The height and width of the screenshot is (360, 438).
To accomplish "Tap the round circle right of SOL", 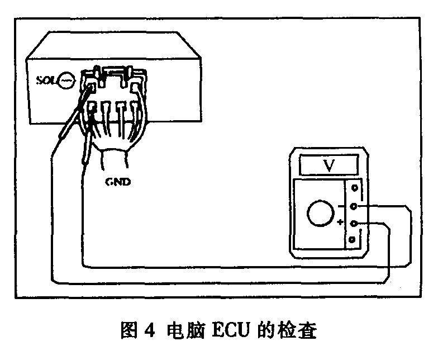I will coord(66,79).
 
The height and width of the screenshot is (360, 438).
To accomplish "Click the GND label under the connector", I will coord(118,181).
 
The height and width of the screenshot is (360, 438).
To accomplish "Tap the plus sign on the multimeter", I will coord(340,222).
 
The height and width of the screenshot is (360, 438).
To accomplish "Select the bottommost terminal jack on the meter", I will coord(353,240).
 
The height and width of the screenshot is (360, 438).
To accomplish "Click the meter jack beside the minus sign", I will coord(353,206).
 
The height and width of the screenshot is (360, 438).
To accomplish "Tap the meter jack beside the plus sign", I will coord(353,224).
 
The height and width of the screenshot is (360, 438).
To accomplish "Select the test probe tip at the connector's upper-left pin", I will coord(89,86).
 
